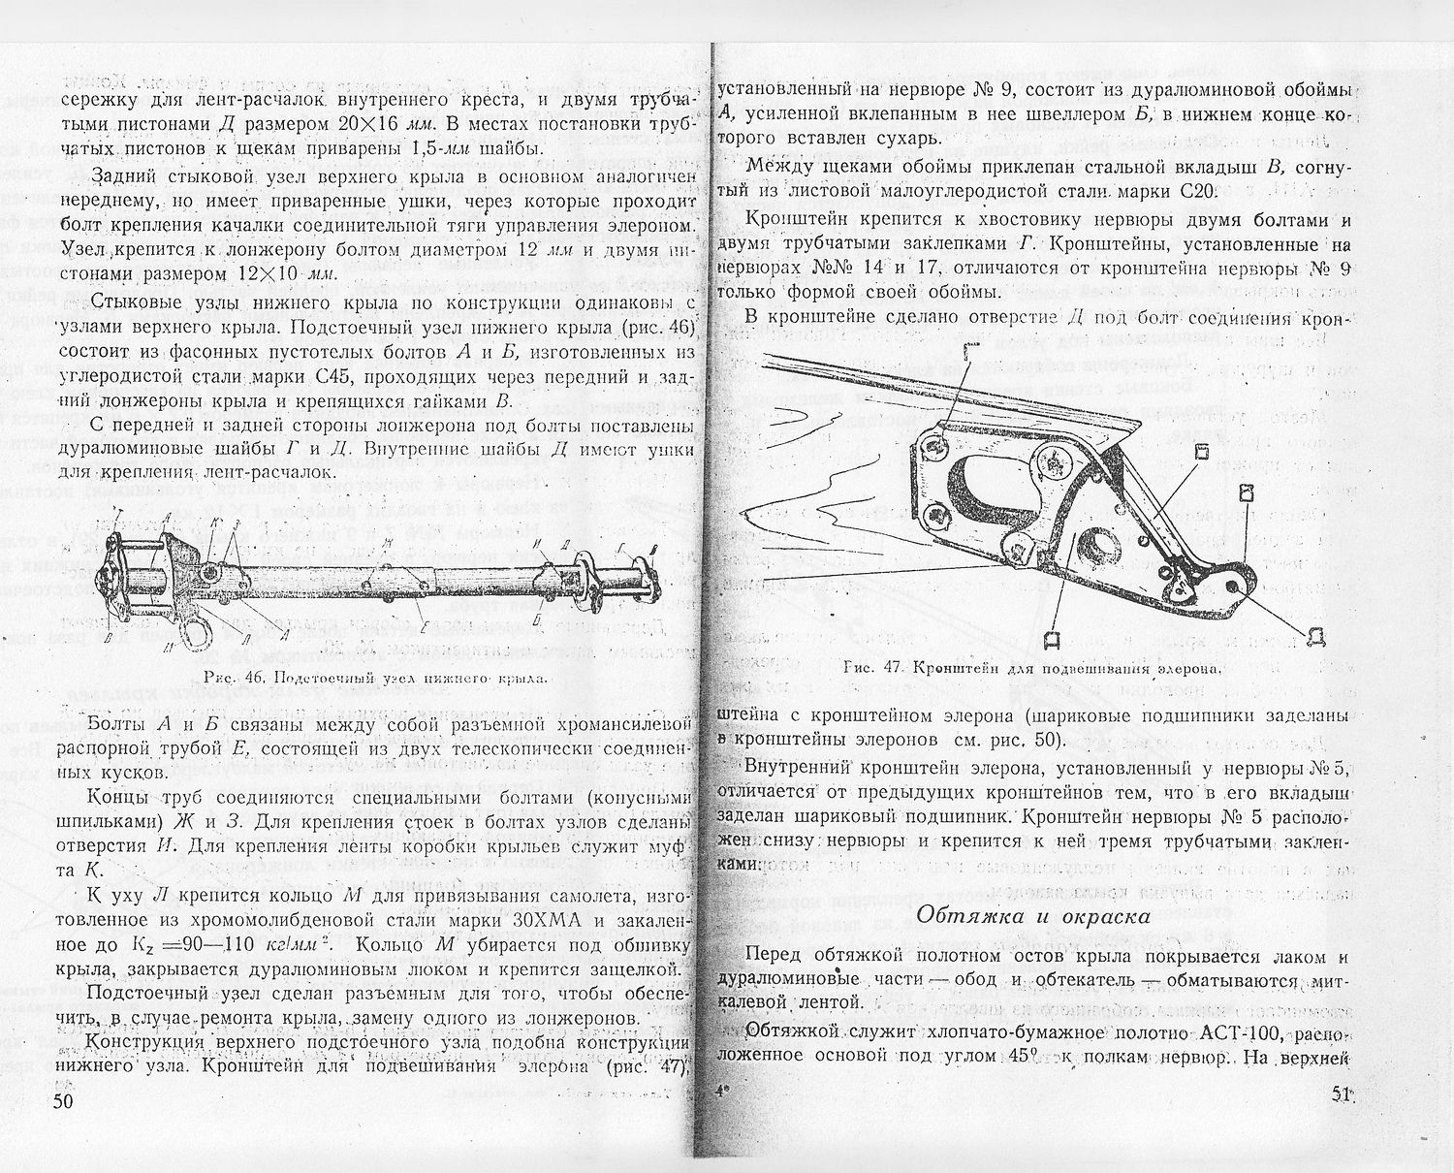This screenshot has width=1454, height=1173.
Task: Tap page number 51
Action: tap(1342, 1094)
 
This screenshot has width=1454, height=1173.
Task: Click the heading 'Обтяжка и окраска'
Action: tap(1033, 915)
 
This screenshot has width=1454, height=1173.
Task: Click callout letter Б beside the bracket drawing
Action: tap(1201, 452)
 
